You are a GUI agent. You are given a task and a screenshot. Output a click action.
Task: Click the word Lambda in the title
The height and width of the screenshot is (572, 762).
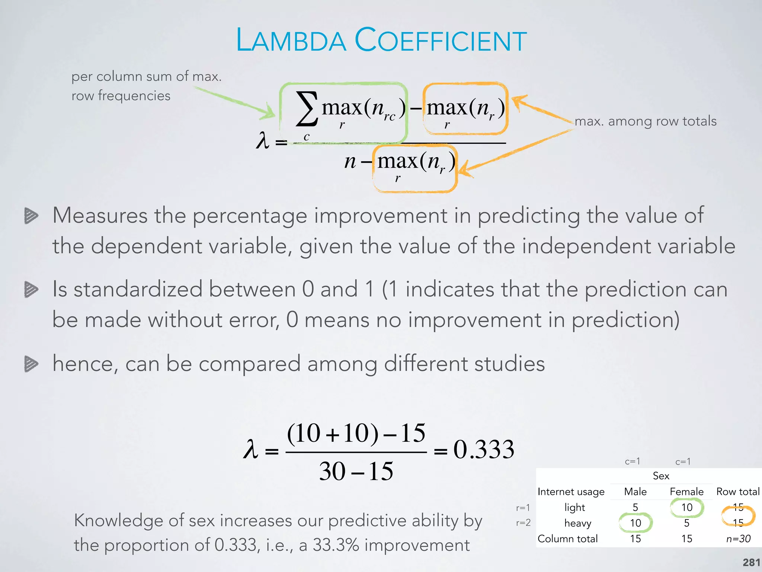click(x=291, y=40)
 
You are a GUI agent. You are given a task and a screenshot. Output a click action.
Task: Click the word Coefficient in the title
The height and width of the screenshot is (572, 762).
click(x=441, y=40)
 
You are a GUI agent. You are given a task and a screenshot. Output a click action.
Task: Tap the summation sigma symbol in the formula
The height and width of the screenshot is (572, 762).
click(x=307, y=109)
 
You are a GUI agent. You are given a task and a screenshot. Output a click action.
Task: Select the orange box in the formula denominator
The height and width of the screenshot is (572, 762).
click(x=415, y=168)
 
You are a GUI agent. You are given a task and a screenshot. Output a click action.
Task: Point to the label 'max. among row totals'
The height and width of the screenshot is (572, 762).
click(x=646, y=121)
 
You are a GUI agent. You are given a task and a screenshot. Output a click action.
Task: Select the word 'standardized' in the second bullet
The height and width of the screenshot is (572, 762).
click(x=138, y=289)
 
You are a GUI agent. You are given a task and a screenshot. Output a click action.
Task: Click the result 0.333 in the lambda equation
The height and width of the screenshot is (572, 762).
click(x=484, y=449)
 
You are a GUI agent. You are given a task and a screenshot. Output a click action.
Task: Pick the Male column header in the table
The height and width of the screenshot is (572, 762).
click(x=635, y=492)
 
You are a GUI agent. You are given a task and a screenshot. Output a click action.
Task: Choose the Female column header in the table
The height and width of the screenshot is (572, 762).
click(x=686, y=492)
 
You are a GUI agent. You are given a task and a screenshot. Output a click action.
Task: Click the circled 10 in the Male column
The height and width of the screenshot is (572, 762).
click(x=635, y=523)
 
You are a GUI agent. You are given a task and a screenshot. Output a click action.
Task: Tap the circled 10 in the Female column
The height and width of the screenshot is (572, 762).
click(x=687, y=507)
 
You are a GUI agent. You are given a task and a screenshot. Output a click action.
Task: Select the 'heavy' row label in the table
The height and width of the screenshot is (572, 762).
click(x=577, y=523)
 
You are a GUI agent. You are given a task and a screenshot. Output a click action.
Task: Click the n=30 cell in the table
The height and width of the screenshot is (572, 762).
click(x=738, y=538)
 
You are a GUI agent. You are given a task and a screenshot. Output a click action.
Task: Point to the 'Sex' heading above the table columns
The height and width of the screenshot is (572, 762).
click(x=661, y=476)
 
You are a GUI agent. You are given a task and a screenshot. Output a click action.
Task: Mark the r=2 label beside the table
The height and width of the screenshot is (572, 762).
click(x=523, y=523)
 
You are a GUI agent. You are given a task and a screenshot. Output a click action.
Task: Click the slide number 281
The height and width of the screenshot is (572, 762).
click(x=751, y=562)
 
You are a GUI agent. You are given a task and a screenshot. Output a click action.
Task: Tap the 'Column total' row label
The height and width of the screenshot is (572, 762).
click(x=567, y=538)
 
